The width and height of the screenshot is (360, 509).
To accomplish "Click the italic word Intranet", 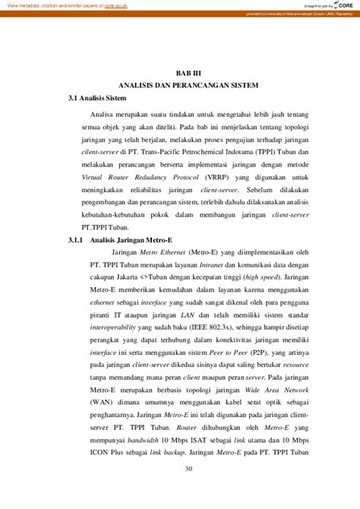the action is click(x=221, y=267).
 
